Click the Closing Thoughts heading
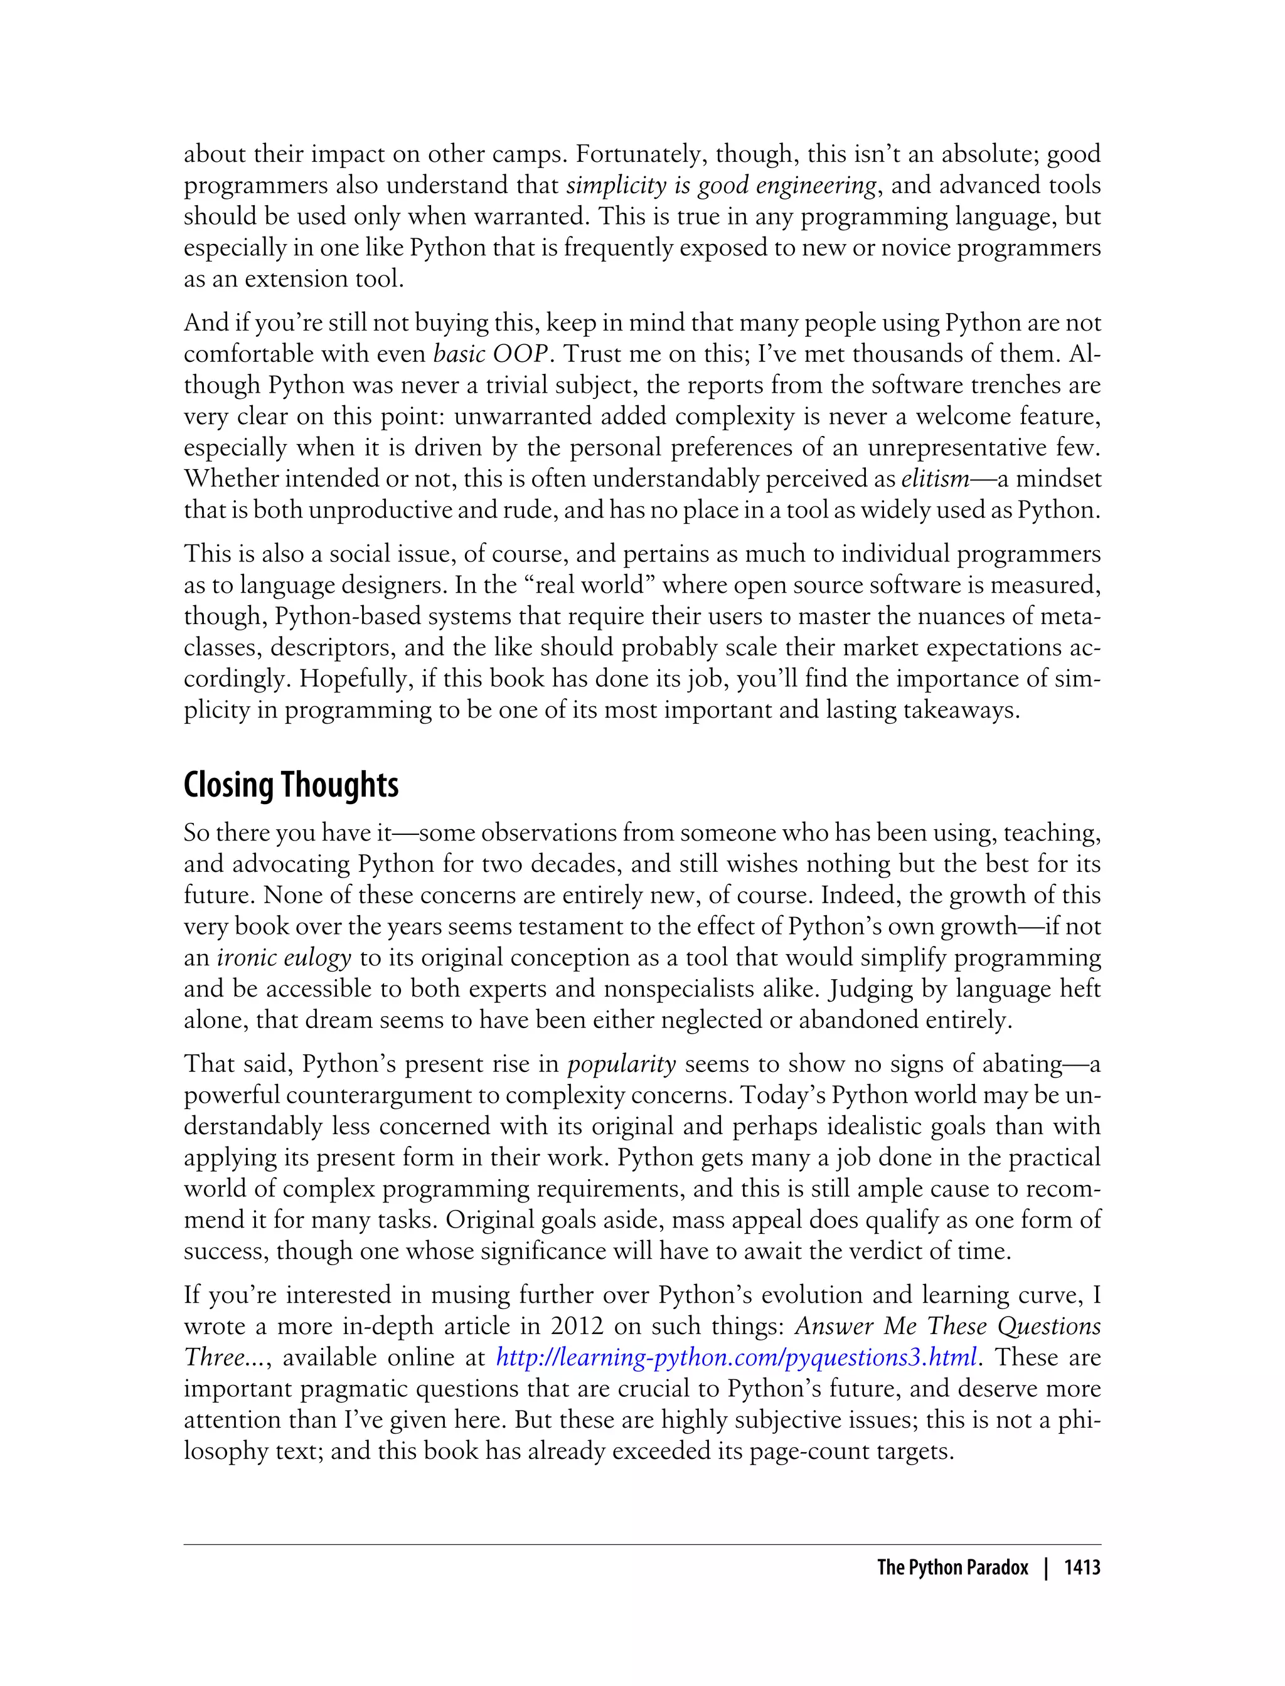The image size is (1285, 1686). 291,785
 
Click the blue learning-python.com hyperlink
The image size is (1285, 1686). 737,1357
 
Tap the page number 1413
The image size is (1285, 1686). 1082,1568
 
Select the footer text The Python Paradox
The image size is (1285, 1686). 952,1568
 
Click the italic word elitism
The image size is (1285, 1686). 935,479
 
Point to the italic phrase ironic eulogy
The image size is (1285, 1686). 284,957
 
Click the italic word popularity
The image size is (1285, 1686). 621,1064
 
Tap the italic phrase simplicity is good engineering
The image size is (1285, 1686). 722,186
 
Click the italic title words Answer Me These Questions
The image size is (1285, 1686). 947,1326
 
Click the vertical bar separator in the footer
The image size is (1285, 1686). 1047,1568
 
